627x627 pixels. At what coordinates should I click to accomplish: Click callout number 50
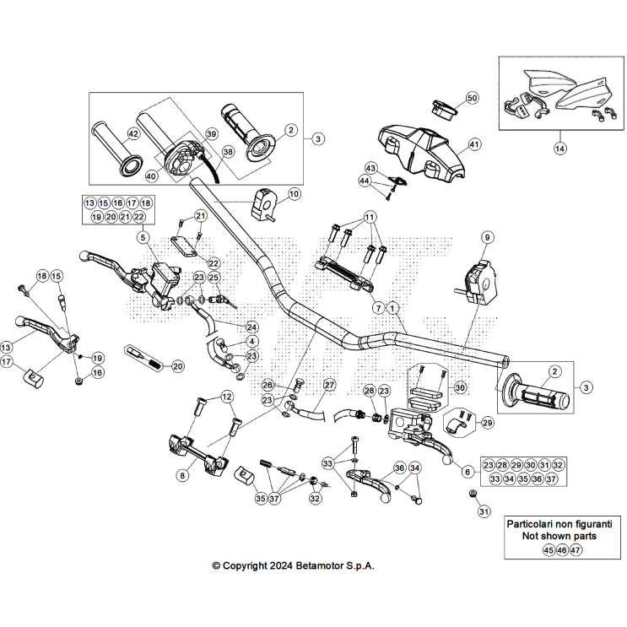coord(471,98)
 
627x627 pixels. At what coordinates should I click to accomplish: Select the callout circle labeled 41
coord(473,144)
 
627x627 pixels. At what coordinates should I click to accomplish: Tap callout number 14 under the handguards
coord(559,149)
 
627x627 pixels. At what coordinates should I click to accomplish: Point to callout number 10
coord(293,193)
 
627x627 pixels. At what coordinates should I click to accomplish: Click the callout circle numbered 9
coord(486,238)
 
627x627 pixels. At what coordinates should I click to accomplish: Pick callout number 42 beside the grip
coord(133,134)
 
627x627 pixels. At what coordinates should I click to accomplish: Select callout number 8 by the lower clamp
coord(181,476)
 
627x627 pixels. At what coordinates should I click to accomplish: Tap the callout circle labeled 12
coord(226,397)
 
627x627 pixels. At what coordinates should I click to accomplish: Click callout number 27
coord(329,385)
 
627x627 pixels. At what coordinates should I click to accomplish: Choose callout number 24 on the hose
coord(251,327)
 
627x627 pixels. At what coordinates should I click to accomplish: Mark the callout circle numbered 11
coord(369,218)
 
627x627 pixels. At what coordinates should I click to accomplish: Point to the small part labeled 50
coord(443,107)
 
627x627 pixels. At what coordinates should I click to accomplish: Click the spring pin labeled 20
coord(143,357)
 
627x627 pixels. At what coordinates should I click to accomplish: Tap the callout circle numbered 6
coord(467,473)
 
